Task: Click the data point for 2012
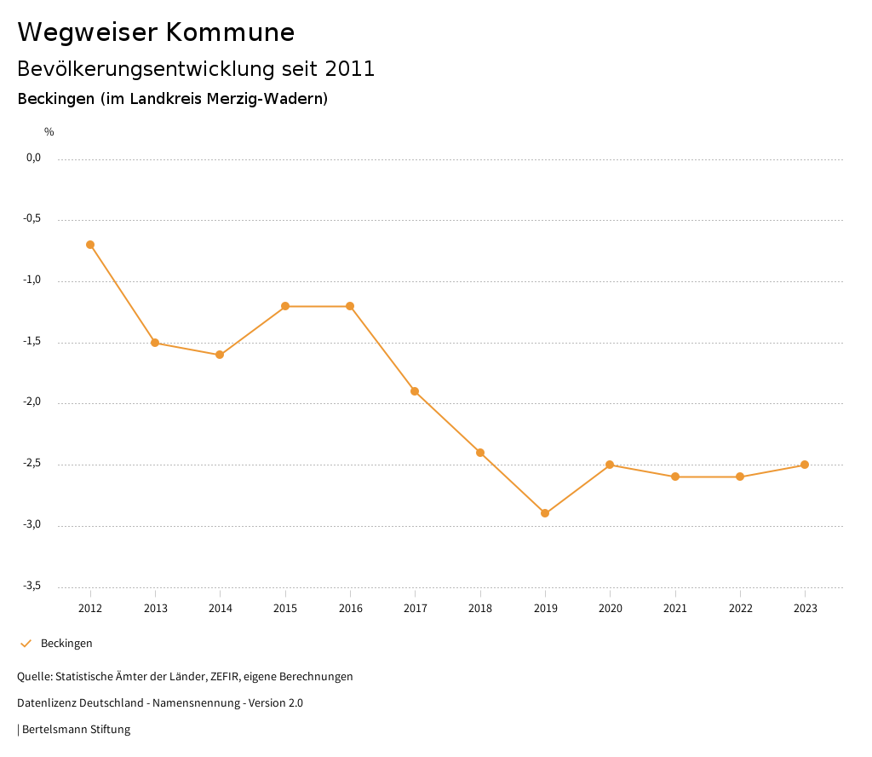pyautogui.click(x=90, y=245)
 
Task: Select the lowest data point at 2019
pyautogui.click(x=545, y=513)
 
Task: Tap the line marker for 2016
pyautogui.click(x=350, y=306)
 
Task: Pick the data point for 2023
pyautogui.click(x=805, y=465)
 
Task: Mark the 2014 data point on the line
pyautogui.click(x=220, y=355)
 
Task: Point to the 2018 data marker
pyautogui.click(x=480, y=453)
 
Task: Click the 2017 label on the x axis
pyautogui.click(x=416, y=609)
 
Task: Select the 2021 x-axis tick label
pyautogui.click(x=675, y=609)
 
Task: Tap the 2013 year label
pyautogui.click(x=155, y=609)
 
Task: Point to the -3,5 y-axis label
pyautogui.click(x=32, y=586)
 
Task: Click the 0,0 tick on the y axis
pyautogui.click(x=34, y=158)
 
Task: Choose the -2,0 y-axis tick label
pyautogui.click(x=32, y=402)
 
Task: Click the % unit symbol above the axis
pyautogui.click(x=49, y=132)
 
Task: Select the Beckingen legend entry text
pyautogui.click(x=66, y=644)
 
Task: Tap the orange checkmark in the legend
pyautogui.click(x=26, y=644)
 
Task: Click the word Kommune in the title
pyautogui.click(x=230, y=32)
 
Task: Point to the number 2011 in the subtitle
pyautogui.click(x=350, y=69)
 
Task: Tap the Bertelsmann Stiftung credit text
pyautogui.click(x=76, y=730)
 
